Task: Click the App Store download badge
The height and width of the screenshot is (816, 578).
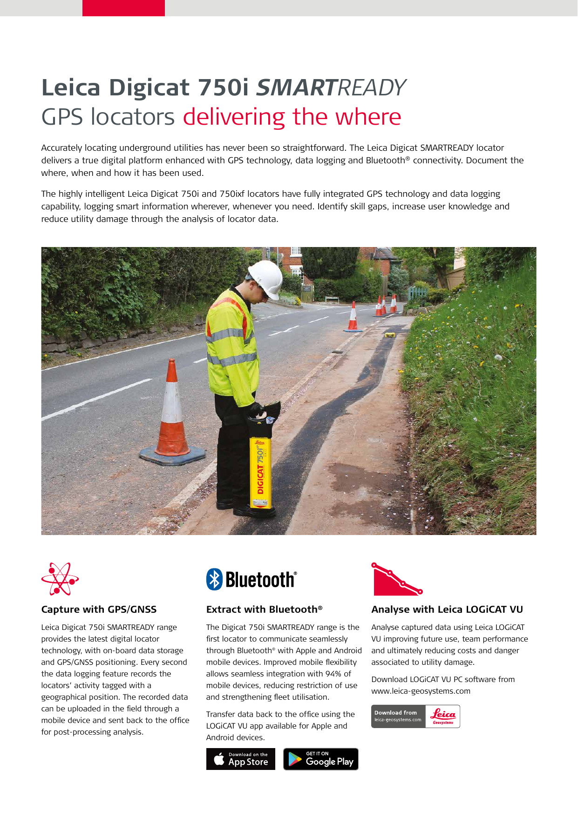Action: (240, 759)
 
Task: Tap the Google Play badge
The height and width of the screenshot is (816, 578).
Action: (320, 759)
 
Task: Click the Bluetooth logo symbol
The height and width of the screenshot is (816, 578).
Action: (214, 579)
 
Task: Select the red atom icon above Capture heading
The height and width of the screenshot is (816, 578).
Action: (60, 579)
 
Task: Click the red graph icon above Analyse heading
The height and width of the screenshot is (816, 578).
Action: (396, 580)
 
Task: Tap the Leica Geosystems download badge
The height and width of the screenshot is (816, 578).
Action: (415, 716)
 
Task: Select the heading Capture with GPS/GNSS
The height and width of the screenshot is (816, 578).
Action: (99, 609)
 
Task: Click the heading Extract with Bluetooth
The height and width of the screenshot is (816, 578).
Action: (264, 609)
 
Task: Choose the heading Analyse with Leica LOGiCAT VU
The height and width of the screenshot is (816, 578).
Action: (447, 609)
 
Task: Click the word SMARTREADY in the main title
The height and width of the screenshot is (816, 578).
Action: (331, 87)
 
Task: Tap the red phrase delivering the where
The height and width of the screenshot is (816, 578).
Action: (292, 117)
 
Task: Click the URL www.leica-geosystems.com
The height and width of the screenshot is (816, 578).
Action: (421, 691)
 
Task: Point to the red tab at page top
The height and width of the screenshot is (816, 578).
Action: (123, 8)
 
